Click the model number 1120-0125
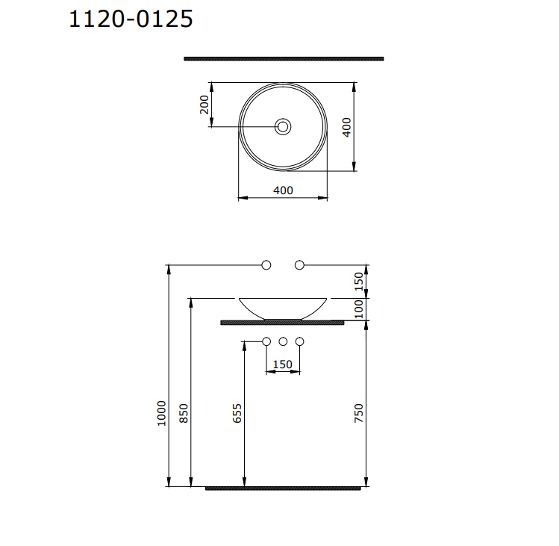pos(131,19)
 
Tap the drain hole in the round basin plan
pos(283,127)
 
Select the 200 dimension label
pos(204,104)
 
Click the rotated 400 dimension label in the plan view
pos(346,126)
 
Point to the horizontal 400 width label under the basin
pos(283,190)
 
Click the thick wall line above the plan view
pos(284,58)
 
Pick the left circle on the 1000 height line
pos(266,265)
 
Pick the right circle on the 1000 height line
pos(300,265)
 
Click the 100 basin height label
pos(358,308)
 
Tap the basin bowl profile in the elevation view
pos(283,308)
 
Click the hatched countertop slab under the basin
pos(283,323)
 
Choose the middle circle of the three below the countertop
pos(283,342)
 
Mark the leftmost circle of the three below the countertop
pos(266,342)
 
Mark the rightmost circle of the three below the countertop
pos(300,342)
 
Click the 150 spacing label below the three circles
pos(283,364)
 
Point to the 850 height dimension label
pos(184,414)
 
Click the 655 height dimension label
pos(237,414)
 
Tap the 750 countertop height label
pos(358,413)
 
